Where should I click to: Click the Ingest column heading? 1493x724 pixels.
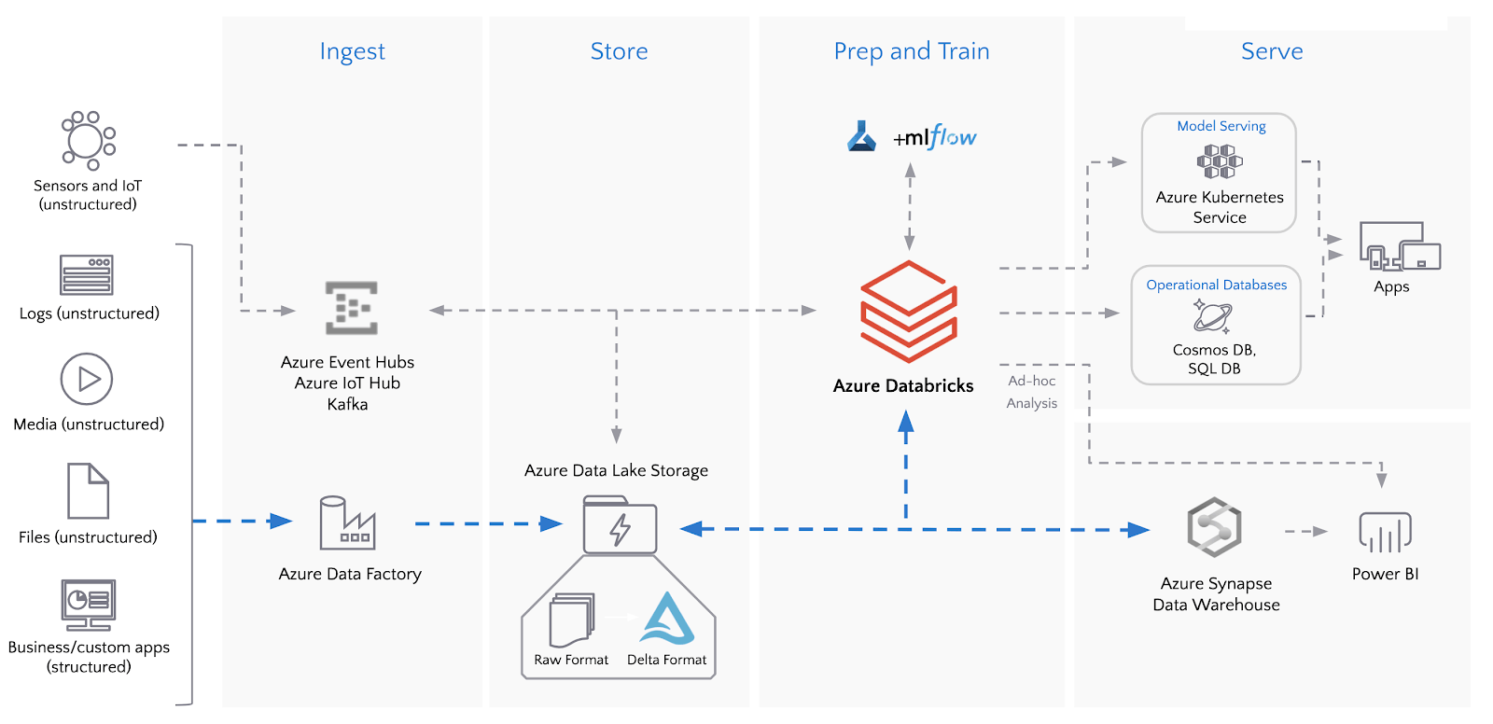pos(352,51)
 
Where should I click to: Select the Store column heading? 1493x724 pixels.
pos(619,51)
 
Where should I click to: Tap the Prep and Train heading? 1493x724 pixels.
pos(911,51)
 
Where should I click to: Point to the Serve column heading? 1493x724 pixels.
pos(1271,51)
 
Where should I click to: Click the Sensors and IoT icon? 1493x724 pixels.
pos(88,141)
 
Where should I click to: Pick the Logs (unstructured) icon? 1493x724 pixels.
pos(87,275)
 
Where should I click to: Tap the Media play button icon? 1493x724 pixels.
pos(87,379)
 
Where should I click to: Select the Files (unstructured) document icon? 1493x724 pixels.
pos(89,491)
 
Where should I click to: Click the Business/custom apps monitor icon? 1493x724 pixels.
pos(89,604)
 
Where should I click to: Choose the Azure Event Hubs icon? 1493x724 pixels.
pos(351,308)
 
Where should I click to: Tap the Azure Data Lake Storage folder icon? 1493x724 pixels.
pos(620,525)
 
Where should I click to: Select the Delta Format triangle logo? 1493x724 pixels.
pos(667,619)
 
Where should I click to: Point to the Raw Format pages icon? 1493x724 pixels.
pos(571,620)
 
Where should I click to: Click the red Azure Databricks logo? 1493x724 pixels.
pos(908,312)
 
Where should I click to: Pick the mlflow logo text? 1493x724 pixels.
pos(935,138)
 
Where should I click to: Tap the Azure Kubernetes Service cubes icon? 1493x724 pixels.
pos(1220,161)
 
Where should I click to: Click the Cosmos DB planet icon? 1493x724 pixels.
pos(1212,316)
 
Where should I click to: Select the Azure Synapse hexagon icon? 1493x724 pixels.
pos(1214,527)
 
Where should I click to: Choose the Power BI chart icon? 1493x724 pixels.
pos(1385,532)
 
